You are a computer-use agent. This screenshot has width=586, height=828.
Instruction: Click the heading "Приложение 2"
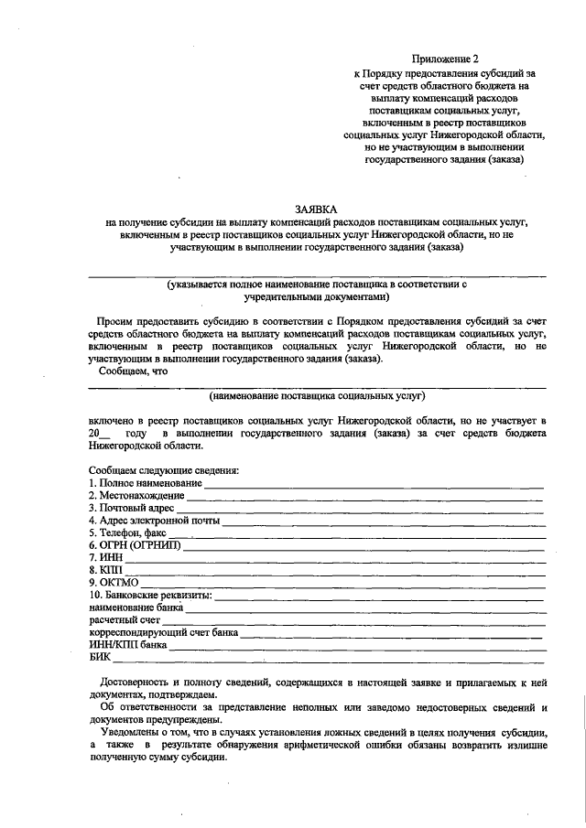(x=445, y=58)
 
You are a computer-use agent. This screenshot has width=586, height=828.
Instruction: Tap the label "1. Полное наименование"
(x=145, y=482)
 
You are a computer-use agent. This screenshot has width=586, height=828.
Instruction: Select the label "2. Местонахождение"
(x=136, y=495)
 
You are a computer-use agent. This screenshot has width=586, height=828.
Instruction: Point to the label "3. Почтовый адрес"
(x=131, y=507)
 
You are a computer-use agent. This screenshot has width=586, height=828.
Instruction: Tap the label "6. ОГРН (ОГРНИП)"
(x=135, y=545)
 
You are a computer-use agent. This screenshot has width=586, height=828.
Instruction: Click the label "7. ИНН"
(x=105, y=557)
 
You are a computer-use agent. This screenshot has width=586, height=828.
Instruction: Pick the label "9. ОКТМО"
(x=114, y=582)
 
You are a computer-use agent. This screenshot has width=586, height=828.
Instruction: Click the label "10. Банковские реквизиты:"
(x=150, y=595)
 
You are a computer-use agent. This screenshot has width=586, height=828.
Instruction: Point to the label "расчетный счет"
(x=124, y=619)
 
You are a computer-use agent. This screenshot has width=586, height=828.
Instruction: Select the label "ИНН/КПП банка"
(x=127, y=644)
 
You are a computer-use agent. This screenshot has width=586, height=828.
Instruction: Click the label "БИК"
(x=100, y=657)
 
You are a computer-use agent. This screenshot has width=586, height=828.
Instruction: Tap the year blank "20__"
(x=101, y=431)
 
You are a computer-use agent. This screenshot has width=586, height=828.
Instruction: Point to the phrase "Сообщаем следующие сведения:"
(x=163, y=469)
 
